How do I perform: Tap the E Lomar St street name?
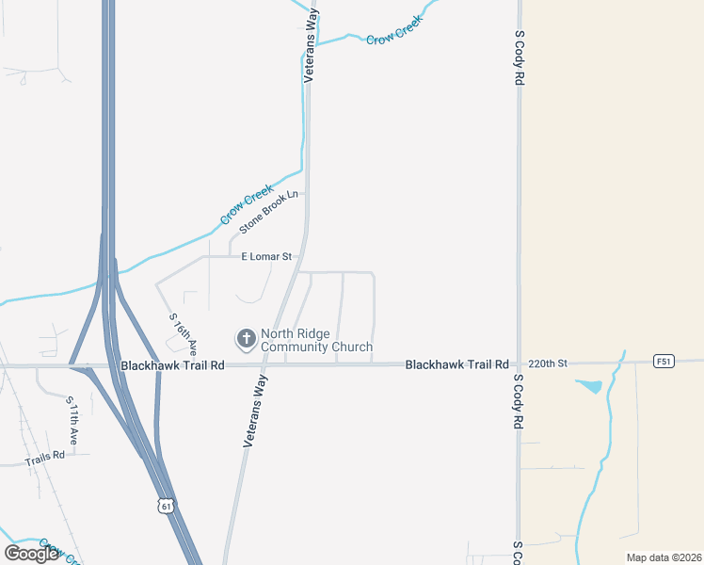269,256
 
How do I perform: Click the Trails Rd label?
44,455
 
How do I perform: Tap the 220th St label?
549,363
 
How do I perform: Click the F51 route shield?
664,361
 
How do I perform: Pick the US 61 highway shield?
167,507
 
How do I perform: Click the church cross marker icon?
247,339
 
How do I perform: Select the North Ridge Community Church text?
316,340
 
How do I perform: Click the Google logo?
31,553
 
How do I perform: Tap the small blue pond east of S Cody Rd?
589,386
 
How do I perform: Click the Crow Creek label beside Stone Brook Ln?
246,204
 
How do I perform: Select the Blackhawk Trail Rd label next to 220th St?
456,363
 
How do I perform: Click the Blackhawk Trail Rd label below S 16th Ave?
172,364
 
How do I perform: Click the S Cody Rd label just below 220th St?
519,402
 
